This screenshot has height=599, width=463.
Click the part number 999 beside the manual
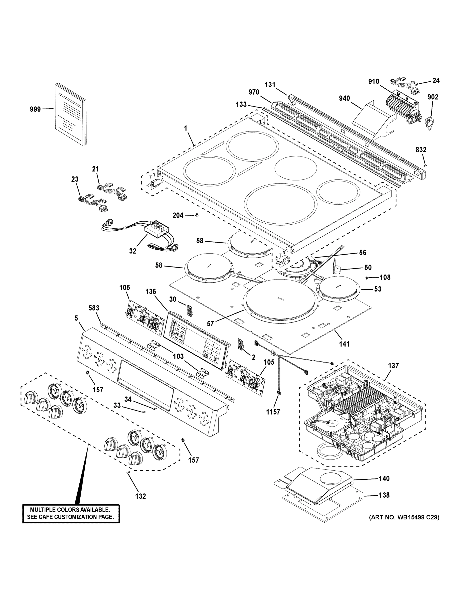[35, 109]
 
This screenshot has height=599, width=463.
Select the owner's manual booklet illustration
[70, 115]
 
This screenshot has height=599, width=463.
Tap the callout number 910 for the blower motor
[374, 81]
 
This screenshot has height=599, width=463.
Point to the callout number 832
[421, 150]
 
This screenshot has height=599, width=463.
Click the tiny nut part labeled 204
[197, 215]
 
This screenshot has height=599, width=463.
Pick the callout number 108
[385, 277]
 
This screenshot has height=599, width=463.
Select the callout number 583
[94, 308]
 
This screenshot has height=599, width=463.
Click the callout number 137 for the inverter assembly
[393, 365]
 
